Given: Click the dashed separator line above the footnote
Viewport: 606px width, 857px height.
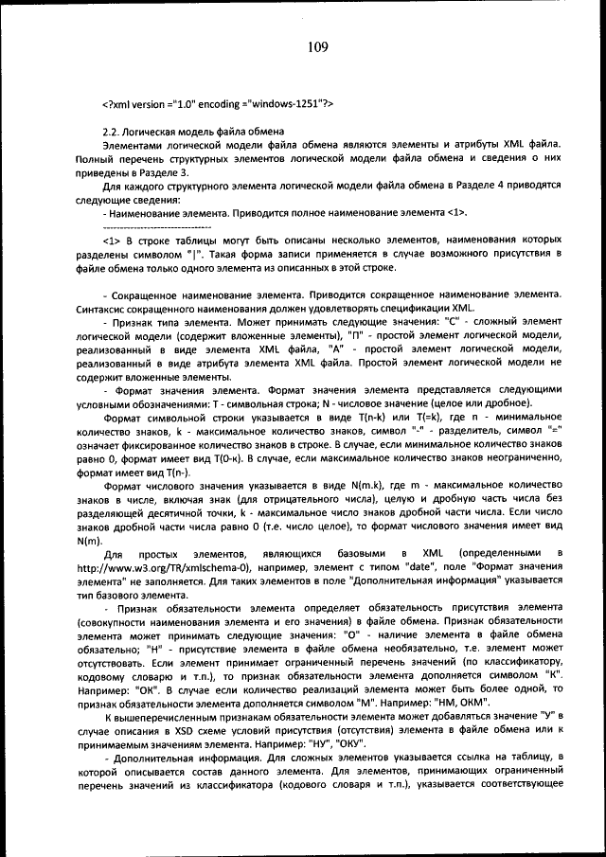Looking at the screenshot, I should pyautogui.click(x=156, y=228).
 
